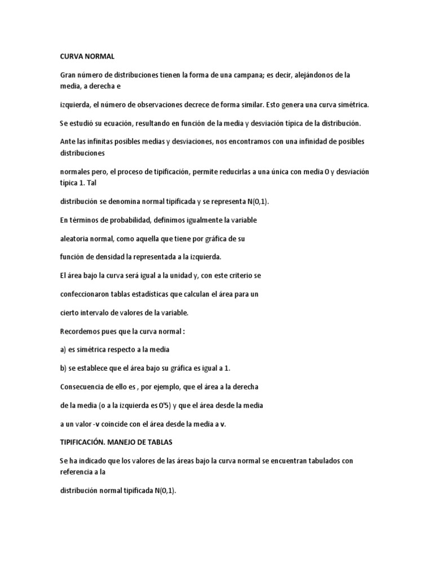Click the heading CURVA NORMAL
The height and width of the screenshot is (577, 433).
pyautogui.click(x=87, y=56)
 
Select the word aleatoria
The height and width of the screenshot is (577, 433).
pyautogui.click(x=78, y=238)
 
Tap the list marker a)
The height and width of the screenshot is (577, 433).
pyautogui.click(x=64, y=350)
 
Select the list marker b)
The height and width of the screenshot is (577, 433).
pyautogui.click(x=64, y=368)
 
